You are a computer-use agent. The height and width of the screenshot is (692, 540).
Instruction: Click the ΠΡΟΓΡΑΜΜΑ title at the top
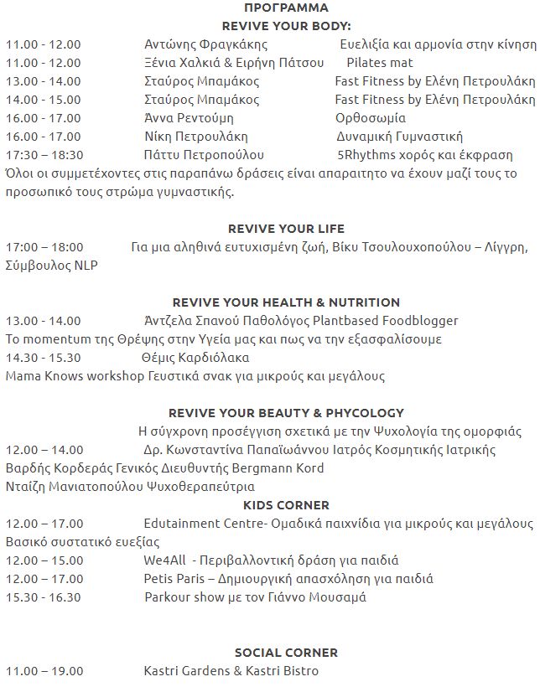pos(269,8)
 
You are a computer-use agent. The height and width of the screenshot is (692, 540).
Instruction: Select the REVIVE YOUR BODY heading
pos(269,26)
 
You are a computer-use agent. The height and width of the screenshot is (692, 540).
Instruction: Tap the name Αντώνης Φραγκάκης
pos(205,44)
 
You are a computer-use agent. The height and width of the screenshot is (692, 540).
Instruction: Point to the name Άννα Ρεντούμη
pos(194,118)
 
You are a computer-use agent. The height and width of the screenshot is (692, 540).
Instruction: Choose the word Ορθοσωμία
pos(371,118)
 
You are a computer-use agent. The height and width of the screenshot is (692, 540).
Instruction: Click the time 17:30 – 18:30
pos(44,155)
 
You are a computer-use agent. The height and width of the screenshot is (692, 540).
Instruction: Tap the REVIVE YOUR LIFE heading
pos(286,229)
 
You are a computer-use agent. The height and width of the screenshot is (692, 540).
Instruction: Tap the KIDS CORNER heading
pos(286,505)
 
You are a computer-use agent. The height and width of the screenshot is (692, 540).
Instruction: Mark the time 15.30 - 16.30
pos(44,597)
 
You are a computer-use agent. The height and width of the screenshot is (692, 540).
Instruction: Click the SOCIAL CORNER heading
pos(286,653)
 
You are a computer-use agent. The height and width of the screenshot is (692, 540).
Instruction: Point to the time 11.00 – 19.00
pos(44,671)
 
